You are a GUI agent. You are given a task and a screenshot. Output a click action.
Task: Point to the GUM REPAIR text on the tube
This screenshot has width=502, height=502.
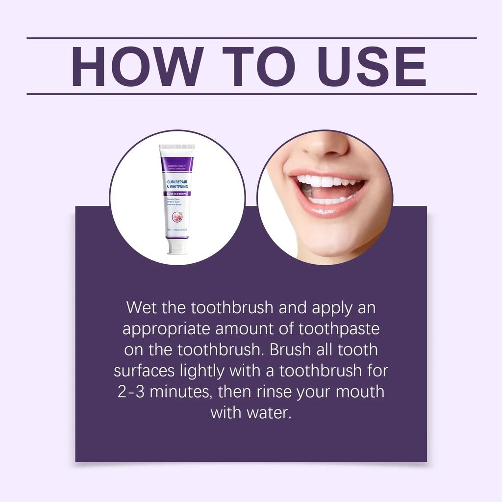pos(177,181)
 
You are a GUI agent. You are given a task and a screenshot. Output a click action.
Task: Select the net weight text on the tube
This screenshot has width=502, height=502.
pos(176,229)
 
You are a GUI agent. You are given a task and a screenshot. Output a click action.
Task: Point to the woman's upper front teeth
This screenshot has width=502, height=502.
pos(321,181)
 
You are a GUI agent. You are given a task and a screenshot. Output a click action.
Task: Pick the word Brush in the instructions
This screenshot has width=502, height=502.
pos(293,350)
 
